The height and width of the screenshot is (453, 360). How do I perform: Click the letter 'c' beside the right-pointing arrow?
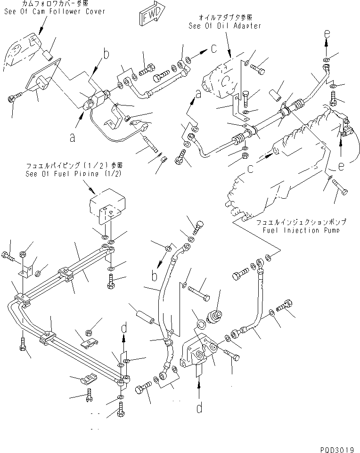click(213, 48)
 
